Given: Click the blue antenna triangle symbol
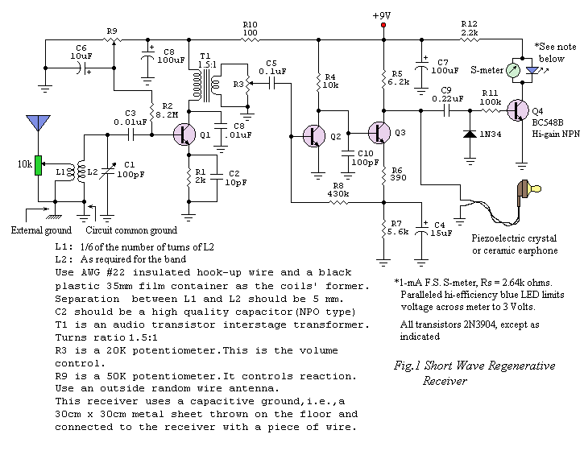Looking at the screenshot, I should tap(37, 122).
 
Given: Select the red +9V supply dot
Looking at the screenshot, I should tap(383, 26).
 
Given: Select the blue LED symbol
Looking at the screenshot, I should tap(532, 71).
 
